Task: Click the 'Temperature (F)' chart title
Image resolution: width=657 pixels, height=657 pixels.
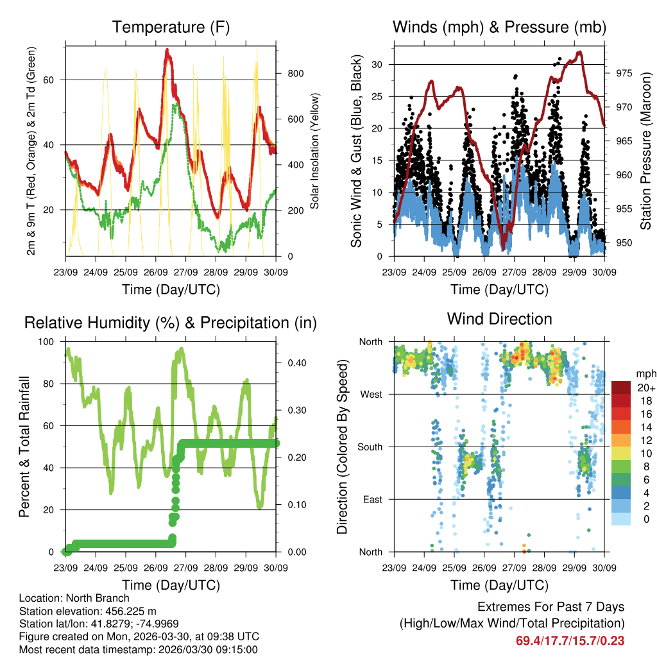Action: (171, 27)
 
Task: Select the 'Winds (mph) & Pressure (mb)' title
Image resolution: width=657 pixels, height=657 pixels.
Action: (499, 27)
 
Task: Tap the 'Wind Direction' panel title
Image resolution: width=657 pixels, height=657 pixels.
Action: (499, 319)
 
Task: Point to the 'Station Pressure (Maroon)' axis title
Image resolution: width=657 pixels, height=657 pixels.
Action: (645, 151)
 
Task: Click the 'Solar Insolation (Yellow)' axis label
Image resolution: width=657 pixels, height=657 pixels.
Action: (315, 151)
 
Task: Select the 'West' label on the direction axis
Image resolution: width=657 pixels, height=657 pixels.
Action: (371, 395)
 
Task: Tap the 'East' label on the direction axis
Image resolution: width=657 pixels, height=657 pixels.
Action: (373, 499)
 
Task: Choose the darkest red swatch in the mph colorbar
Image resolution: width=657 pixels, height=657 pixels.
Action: (620, 388)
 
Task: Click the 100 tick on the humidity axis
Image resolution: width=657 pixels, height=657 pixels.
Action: (47, 341)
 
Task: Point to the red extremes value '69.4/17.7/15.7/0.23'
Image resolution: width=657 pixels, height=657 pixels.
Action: (570, 640)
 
